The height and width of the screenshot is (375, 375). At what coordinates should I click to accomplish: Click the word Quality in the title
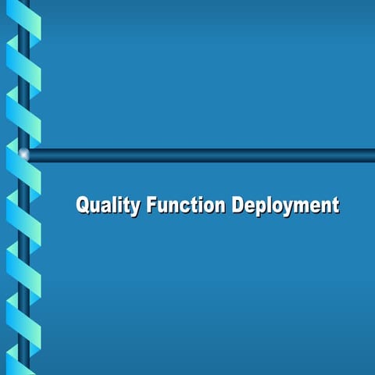108,206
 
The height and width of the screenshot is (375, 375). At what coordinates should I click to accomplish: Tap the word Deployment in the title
286,206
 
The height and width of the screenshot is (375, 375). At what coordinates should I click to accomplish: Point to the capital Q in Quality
84,205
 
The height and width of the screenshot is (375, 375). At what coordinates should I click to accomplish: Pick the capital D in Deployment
237,205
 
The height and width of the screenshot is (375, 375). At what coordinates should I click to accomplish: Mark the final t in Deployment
335,206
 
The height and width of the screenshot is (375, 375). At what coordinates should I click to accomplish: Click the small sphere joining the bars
24,154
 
